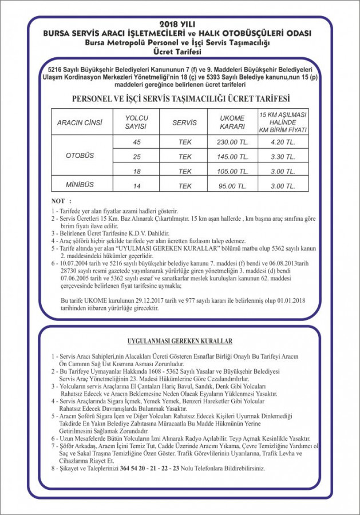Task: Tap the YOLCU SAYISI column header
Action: pyautogui.click(x=136, y=122)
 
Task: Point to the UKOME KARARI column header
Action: pyautogui.click(x=232, y=122)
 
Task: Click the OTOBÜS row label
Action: pyautogui.click(x=80, y=156)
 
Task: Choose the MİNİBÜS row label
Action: pyautogui.click(x=80, y=185)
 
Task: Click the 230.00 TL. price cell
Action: pyautogui.click(x=232, y=141)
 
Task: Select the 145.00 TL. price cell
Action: pyautogui.click(x=232, y=156)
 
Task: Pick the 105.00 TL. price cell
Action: pyautogui.click(x=232, y=171)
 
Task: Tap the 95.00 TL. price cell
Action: pyautogui.click(x=232, y=185)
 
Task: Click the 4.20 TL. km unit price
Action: pyautogui.click(x=283, y=141)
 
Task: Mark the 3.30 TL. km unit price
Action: pyautogui.click(x=283, y=156)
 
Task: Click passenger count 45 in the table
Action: pyautogui.click(x=136, y=141)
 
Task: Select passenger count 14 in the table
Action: pyautogui.click(x=136, y=185)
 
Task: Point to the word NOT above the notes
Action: pyautogui.click(x=58, y=201)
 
